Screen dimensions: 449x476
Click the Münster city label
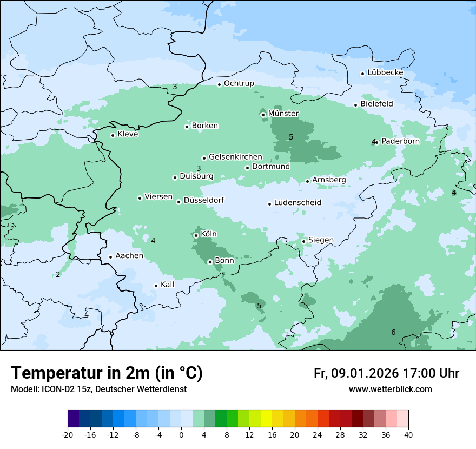(283, 114)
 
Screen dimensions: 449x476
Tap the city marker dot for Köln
(196, 235)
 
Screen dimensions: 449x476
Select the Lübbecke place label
(385, 72)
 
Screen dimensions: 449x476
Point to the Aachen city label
(129, 256)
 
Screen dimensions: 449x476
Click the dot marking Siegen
(303, 241)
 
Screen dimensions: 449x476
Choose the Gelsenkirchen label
(235, 157)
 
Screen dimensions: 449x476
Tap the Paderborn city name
(400, 141)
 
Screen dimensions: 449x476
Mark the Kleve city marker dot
(113, 135)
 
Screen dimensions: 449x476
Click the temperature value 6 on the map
(393, 332)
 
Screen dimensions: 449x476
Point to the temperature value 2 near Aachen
(58, 274)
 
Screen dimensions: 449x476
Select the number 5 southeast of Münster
(291, 137)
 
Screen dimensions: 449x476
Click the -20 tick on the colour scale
(68, 434)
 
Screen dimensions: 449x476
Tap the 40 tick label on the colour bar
(408, 434)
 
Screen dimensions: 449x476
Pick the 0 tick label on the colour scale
(181, 434)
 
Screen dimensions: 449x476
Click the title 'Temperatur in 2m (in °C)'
(107, 373)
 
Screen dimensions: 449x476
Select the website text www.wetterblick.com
(390, 389)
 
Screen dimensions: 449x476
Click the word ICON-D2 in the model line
(52, 389)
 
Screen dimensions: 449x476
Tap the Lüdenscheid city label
(297, 203)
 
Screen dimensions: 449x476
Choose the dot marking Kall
(156, 286)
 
